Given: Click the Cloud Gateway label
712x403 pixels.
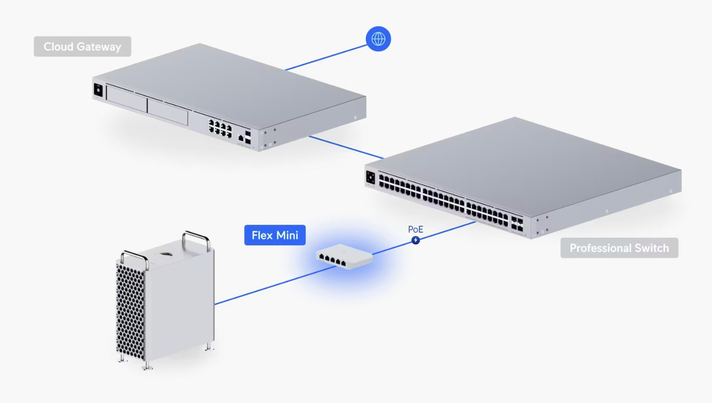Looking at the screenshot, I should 83,46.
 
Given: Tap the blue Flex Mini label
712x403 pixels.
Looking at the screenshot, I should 275,235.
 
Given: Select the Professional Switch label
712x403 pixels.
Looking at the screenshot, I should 619,248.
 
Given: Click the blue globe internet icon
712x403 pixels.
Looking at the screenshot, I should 378,39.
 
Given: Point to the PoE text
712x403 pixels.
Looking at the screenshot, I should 416,230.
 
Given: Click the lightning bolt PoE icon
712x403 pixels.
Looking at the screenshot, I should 416,240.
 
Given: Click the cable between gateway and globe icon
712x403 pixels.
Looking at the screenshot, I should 326,56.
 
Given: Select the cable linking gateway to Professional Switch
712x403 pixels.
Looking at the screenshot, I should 346,148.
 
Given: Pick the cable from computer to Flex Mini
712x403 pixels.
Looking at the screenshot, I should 267,286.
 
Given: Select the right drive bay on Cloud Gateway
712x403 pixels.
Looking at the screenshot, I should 168,111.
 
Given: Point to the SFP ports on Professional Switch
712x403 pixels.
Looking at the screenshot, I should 517,224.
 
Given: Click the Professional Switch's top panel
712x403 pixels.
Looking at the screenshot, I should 524,163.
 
